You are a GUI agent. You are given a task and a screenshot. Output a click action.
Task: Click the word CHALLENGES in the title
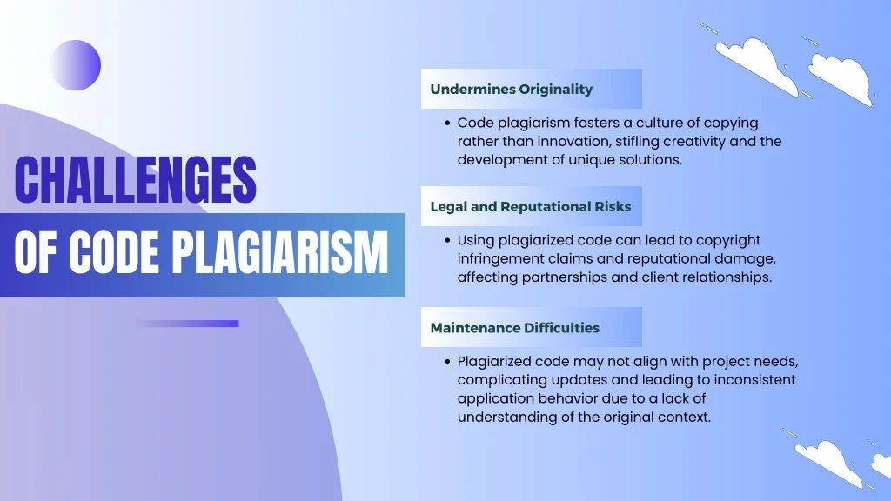point(135,179)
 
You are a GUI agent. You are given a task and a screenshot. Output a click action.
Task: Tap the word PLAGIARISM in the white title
point(280,253)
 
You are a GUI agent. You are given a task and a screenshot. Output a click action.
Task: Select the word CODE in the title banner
point(114,253)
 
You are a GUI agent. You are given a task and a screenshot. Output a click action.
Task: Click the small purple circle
point(76,65)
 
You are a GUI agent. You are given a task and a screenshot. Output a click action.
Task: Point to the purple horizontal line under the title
point(188,324)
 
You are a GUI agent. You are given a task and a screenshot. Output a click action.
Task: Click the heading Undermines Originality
point(512,90)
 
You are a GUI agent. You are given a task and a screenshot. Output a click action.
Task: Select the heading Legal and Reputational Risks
point(531,207)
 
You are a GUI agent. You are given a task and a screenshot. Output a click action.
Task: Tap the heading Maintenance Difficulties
point(515,328)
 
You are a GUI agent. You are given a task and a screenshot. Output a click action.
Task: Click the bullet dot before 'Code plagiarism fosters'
point(448,124)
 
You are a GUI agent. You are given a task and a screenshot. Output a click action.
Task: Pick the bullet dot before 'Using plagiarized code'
point(448,240)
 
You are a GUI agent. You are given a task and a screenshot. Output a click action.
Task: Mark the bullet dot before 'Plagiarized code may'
point(448,362)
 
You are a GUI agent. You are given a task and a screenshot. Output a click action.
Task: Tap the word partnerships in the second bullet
point(567,277)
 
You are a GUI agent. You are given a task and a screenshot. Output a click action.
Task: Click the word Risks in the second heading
point(613,207)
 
